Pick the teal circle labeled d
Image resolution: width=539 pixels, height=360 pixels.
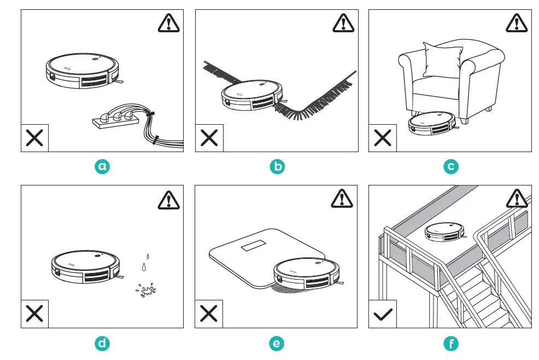click(x=102, y=343)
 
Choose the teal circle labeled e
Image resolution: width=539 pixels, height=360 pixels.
click(x=277, y=343)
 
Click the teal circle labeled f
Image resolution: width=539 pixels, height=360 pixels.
click(x=451, y=343)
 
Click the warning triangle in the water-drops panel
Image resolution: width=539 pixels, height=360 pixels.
click(x=168, y=200)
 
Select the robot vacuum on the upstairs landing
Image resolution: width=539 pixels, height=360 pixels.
click(x=443, y=231)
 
